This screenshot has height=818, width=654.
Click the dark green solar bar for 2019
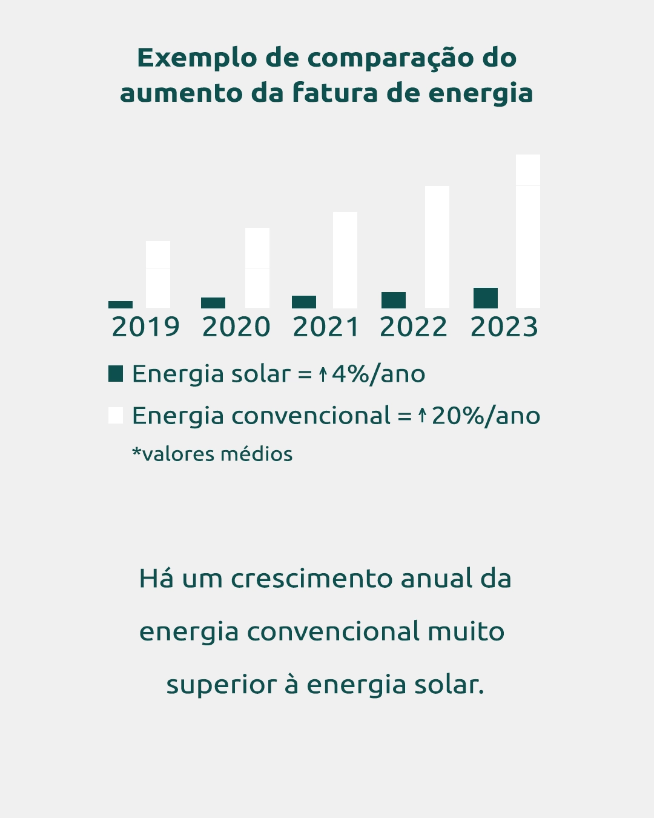(x=121, y=304)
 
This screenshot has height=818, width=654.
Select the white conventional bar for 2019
(x=158, y=274)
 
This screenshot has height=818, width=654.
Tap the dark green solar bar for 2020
(x=213, y=302)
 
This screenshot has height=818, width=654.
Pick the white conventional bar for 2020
(x=257, y=268)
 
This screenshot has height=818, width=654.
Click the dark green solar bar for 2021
(x=304, y=302)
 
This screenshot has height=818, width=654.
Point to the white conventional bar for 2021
(x=345, y=260)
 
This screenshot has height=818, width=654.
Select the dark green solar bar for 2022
(x=394, y=300)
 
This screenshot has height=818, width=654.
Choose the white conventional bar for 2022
(x=437, y=247)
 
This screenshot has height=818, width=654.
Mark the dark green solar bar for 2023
(x=486, y=298)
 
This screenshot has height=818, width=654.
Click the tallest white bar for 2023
(x=528, y=231)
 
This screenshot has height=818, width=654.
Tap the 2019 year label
(x=146, y=327)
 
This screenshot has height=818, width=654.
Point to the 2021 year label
(x=326, y=327)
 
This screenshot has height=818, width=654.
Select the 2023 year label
(x=504, y=327)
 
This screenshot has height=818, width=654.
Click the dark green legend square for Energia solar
(x=116, y=373)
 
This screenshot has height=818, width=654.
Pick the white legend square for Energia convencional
(x=116, y=415)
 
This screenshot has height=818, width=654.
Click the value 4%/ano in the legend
(x=378, y=374)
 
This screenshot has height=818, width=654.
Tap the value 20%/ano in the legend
(x=486, y=416)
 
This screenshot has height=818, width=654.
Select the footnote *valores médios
(x=213, y=454)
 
